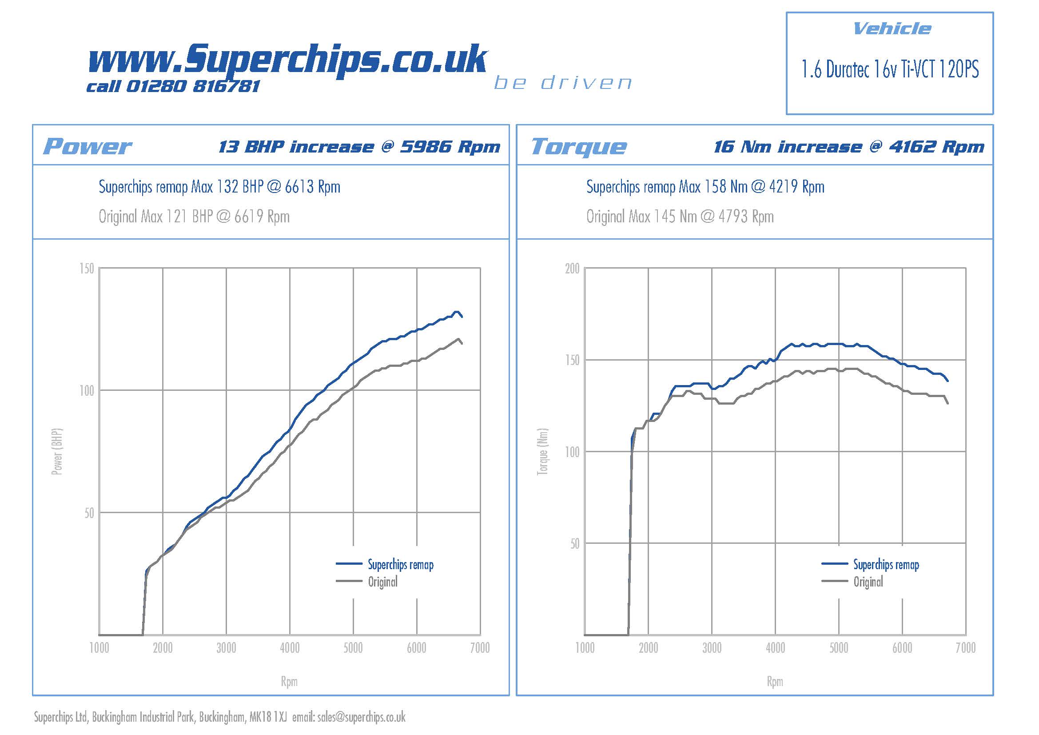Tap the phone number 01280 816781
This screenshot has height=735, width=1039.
click(x=193, y=87)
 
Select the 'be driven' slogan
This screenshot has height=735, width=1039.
click(x=563, y=83)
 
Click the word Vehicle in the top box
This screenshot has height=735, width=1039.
click(x=892, y=29)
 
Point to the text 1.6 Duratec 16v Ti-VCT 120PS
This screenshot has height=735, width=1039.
click(x=890, y=70)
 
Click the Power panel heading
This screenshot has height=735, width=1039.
click(x=88, y=147)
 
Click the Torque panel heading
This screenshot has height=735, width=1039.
click(x=579, y=147)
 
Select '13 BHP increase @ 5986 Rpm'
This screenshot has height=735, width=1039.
click(x=359, y=147)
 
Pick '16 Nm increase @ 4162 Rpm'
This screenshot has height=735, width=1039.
click(x=849, y=147)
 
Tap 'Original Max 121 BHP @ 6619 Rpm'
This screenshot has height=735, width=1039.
click(x=194, y=217)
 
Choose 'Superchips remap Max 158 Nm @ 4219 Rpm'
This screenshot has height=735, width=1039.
click(x=705, y=187)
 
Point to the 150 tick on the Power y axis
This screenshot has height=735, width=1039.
click(x=87, y=269)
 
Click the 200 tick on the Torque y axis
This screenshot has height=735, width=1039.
click(x=572, y=269)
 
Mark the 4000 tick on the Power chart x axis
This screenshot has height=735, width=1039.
click(x=290, y=648)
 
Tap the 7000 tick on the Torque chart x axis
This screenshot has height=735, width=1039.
click(x=965, y=648)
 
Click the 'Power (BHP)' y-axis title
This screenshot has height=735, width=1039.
click(x=57, y=451)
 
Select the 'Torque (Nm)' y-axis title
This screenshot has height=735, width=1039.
click(x=542, y=451)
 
